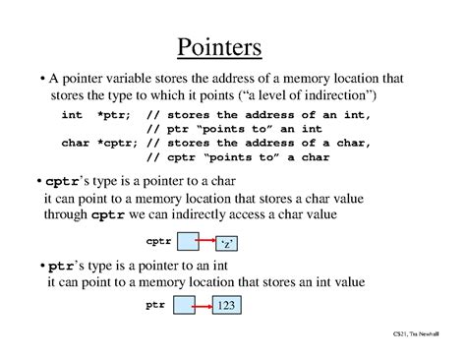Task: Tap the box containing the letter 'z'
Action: (x=226, y=241)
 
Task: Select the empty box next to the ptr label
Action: (x=183, y=307)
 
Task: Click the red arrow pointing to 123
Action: (x=202, y=308)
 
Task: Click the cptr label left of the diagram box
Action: (x=158, y=240)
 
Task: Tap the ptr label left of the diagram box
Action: (x=155, y=306)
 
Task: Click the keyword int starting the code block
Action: (x=73, y=116)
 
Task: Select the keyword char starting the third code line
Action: (x=76, y=143)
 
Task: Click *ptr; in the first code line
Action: (x=110, y=116)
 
